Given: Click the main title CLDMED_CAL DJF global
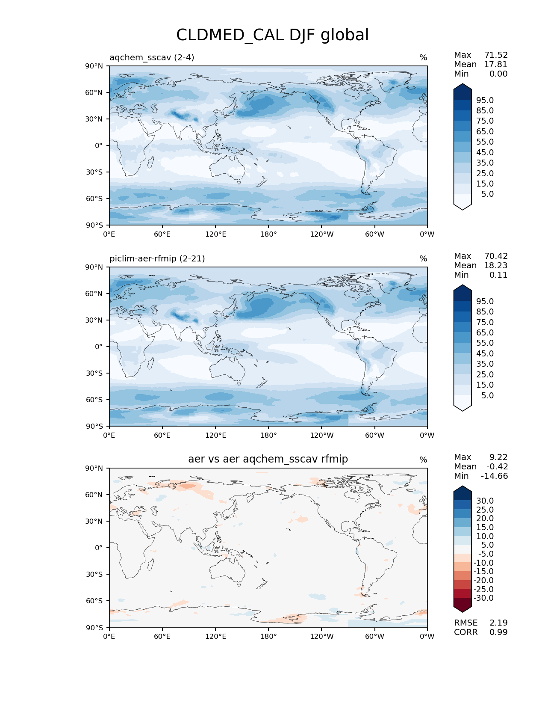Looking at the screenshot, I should point(272,35).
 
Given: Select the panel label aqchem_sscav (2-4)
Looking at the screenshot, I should point(152,57).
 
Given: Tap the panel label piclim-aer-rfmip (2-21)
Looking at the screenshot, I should point(157,258).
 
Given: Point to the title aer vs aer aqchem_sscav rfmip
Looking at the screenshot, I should point(268,459).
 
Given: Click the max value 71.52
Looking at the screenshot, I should point(496,55).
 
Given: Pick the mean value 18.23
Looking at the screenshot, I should point(496,265).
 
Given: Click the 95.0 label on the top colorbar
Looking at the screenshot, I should point(485,100).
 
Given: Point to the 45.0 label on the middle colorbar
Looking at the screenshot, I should point(485,353).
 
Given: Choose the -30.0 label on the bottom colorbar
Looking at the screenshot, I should point(483,598).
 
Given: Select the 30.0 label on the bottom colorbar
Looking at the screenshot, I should point(485,501).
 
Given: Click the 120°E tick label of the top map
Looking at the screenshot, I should point(215,234).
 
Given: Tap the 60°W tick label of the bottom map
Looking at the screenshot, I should point(374,636).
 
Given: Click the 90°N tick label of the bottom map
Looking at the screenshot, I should point(94,468).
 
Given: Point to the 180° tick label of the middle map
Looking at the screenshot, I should point(268,435).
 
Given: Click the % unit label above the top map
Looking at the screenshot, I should point(423,57).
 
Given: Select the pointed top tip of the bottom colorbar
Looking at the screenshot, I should point(463,486).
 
